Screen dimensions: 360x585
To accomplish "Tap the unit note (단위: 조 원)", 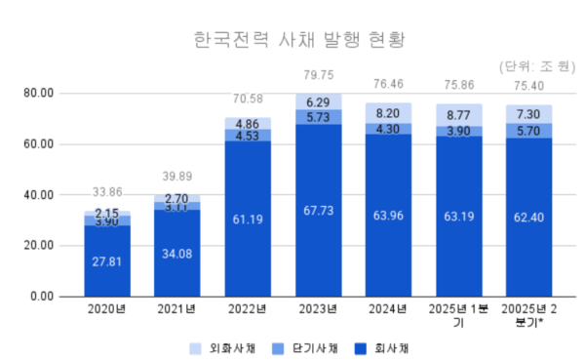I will pos(538,67).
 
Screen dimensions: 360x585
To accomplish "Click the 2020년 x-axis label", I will pos(107,311).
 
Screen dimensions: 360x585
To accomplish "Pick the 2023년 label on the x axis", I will pos(319,311).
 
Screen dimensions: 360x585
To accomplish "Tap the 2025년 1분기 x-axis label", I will pos(459,317).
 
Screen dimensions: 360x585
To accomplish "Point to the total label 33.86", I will pos(107,191).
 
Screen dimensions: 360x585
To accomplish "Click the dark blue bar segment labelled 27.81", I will pos(107,261).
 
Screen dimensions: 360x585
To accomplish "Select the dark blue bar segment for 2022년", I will pos(248,220).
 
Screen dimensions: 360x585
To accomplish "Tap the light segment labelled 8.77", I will pos(459,114).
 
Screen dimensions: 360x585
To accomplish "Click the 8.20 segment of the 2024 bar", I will pos(389,113).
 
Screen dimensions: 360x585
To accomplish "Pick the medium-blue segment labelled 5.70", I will pos(529,131).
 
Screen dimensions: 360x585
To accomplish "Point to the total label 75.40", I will pos(529,85).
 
